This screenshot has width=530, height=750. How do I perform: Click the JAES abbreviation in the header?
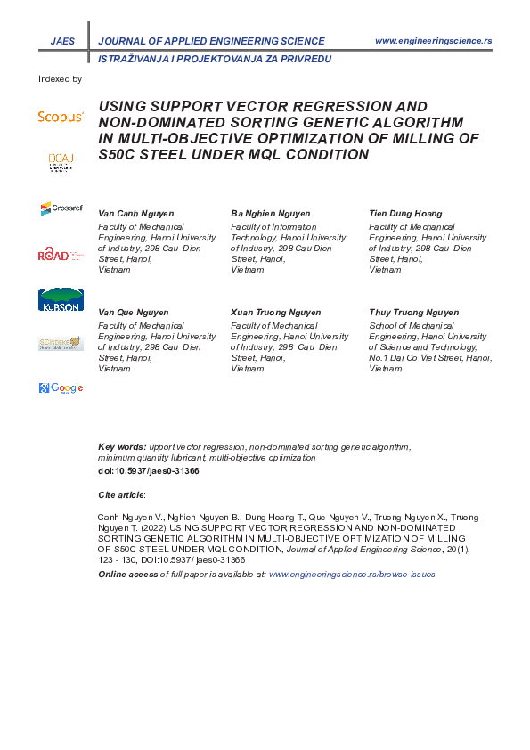(x=63, y=41)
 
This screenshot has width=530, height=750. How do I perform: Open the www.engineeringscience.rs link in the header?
(x=434, y=41)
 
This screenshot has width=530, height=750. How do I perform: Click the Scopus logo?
(x=61, y=117)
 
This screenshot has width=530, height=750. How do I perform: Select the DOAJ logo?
(x=61, y=161)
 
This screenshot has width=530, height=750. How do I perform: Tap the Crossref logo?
(x=61, y=208)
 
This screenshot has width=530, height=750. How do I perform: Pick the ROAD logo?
(x=61, y=255)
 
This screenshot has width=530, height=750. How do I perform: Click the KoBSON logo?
(x=61, y=300)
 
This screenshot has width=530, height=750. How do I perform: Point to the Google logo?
(x=61, y=387)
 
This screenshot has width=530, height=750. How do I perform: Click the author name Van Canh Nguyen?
(x=135, y=214)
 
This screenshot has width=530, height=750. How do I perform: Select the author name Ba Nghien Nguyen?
(x=271, y=214)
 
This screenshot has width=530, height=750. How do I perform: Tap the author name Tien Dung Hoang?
(x=405, y=214)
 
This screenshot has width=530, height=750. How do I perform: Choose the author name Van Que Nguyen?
(x=134, y=313)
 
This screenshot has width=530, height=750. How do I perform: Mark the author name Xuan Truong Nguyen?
(x=276, y=313)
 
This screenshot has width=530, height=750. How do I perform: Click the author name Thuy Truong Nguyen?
(x=413, y=313)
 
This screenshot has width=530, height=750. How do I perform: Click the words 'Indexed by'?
(x=60, y=79)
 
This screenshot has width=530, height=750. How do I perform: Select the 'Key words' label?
(x=121, y=445)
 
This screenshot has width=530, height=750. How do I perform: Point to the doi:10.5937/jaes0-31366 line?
(x=148, y=470)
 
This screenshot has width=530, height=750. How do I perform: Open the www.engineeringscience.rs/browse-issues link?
(x=352, y=575)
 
